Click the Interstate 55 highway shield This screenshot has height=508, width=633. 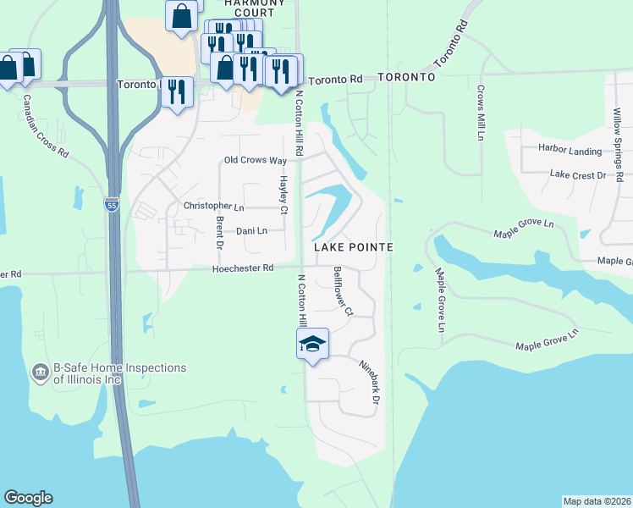click(112, 204)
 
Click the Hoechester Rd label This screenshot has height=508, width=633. click(244, 268)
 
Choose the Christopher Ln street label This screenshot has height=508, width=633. click(213, 206)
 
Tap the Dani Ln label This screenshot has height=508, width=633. click(251, 230)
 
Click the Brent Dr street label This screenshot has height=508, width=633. click(219, 232)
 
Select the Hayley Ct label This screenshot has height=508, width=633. click(284, 195)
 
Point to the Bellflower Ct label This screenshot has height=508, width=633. click(343, 291)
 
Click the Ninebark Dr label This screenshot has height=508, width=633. click(367, 380)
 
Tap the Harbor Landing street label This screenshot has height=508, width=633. click(570, 151)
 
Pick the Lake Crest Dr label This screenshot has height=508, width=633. click(579, 174)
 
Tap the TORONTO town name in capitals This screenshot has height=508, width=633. click(406, 77)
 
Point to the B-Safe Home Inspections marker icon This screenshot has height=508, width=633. click(40, 373)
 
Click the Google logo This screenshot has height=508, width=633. click(28, 498)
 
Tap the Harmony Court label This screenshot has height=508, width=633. click(250, 8)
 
